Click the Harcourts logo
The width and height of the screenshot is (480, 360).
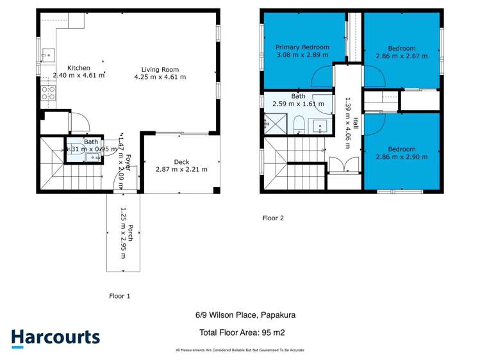coord(55,338)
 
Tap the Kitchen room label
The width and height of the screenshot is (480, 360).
coord(78,68)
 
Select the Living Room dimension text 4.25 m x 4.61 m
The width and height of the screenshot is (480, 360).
coord(160,77)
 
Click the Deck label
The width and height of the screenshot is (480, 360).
coord(181,162)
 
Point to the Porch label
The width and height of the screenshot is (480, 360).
coord(131,233)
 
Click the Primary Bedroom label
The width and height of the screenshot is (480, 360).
coord(302,47)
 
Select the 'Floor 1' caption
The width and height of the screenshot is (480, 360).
coord(120,296)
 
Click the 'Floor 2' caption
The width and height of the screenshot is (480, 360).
coord(273,218)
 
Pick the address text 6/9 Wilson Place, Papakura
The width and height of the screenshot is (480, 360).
coord(245,315)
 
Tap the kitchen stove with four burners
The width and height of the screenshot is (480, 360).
coord(48,95)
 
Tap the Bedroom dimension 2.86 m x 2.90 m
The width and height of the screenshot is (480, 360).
coord(401,156)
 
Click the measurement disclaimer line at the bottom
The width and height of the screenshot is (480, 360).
coord(240,350)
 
